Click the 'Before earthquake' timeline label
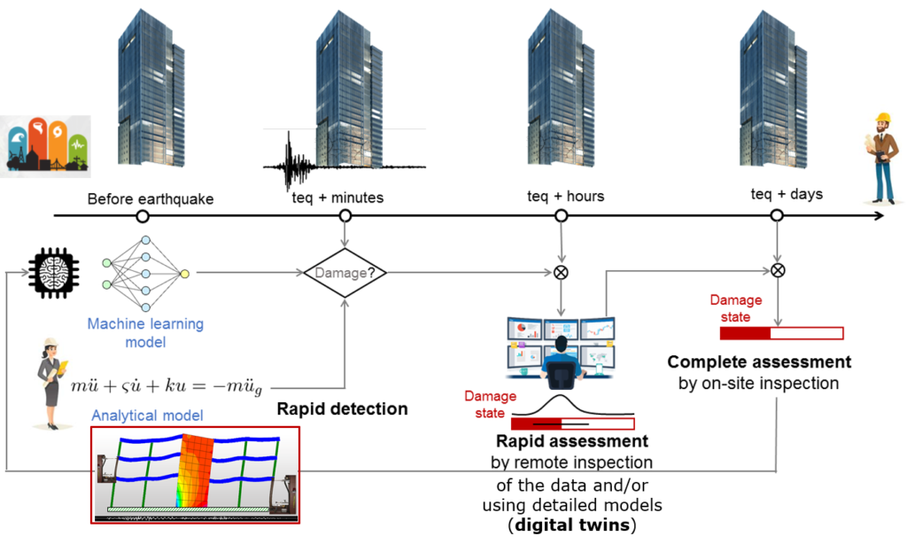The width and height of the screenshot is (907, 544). (x=151, y=198)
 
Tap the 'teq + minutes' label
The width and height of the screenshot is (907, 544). (x=337, y=198)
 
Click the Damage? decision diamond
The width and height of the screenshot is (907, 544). (x=345, y=273)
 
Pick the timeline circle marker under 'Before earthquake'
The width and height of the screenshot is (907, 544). (x=142, y=215)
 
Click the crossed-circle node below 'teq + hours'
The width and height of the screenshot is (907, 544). (x=561, y=272)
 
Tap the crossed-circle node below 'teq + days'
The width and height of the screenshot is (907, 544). (x=777, y=269)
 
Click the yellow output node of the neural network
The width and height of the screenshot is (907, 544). (x=184, y=273)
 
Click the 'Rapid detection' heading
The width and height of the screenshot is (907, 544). (x=342, y=409)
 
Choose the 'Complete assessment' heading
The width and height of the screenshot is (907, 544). (x=759, y=361)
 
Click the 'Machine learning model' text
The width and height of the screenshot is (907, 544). (x=145, y=333)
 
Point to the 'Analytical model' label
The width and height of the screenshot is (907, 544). (x=148, y=415)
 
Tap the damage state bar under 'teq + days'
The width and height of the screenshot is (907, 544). (x=781, y=333)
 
